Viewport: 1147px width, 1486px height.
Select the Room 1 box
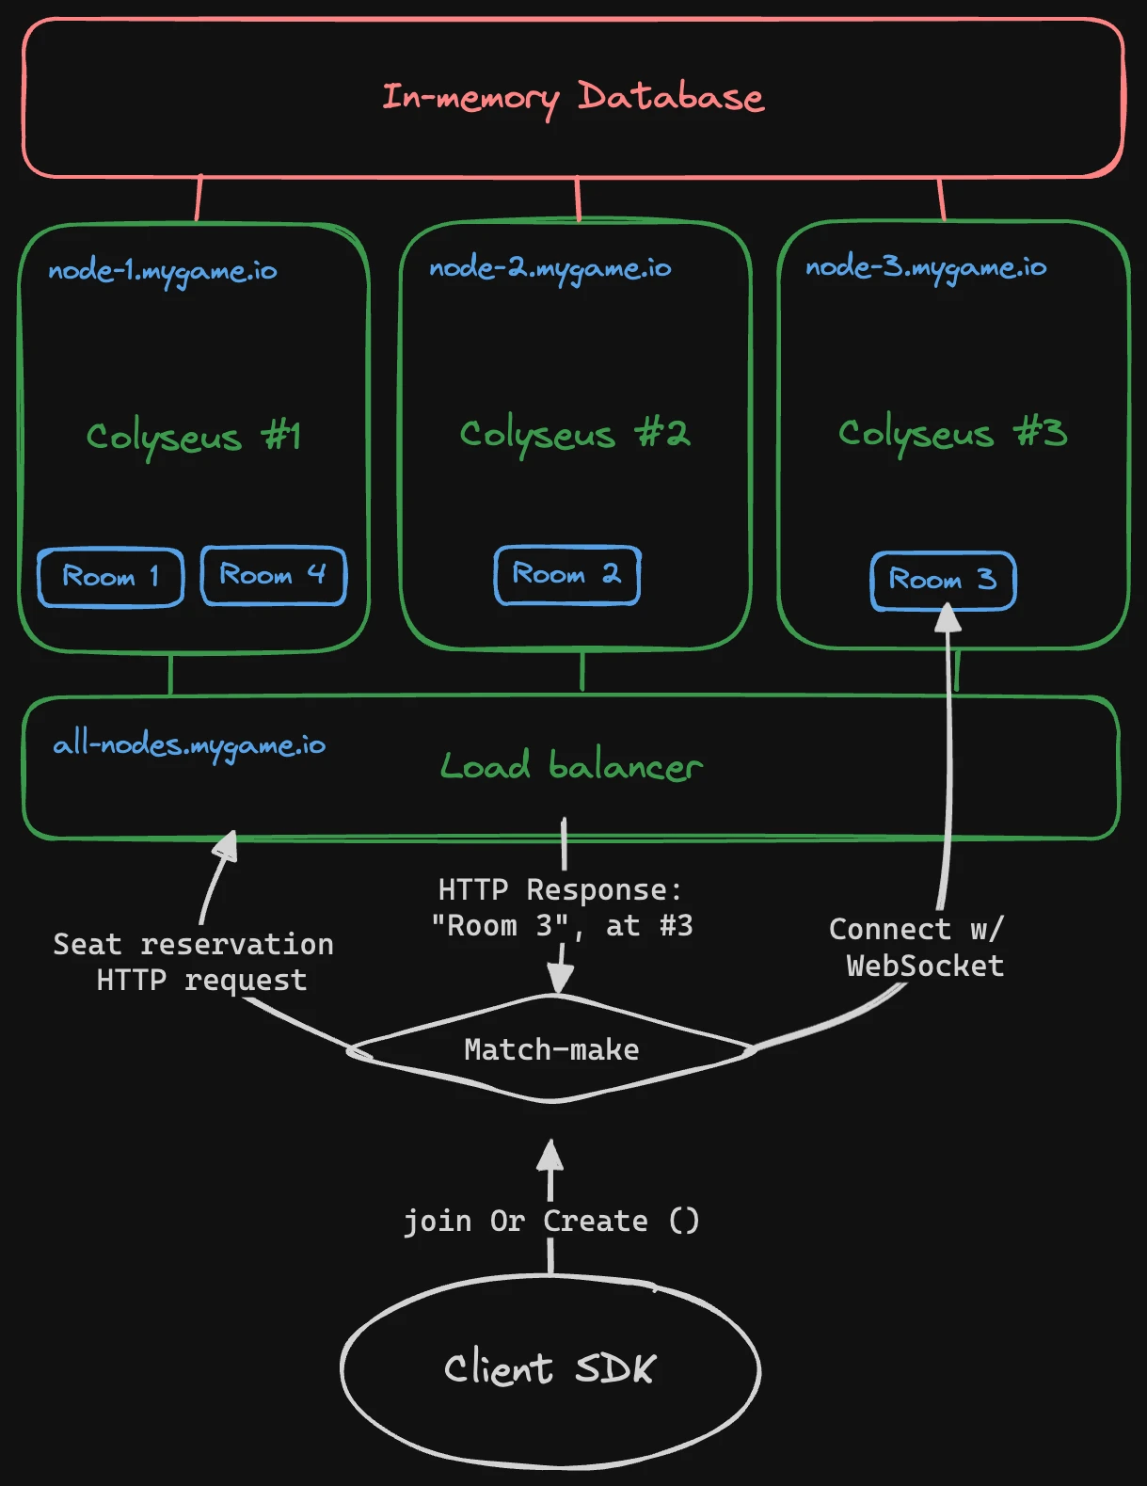tap(111, 576)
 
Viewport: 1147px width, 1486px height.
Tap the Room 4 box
tap(274, 575)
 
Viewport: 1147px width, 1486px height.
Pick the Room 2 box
tap(567, 574)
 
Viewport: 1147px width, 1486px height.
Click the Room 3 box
tap(944, 580)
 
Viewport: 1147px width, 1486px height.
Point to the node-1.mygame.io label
tap(163, 272)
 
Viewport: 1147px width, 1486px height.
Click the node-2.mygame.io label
tap(550, 269)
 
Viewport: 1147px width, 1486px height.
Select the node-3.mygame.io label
tap(926, 268)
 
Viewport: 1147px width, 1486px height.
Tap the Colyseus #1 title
tap(193, 437)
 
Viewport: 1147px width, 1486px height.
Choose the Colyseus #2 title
tap(574, 434)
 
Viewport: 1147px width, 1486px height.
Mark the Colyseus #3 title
tap(952, 433)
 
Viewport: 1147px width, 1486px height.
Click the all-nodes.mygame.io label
tap(189, 745)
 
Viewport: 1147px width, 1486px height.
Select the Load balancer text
tap(571, 766)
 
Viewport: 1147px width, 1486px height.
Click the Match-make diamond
tap(551, 1049)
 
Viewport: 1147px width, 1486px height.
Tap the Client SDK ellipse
tap(550, 1369)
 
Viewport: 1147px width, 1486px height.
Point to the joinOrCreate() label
tap(551, 1221)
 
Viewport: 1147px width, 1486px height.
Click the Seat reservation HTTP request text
tap(194, 962)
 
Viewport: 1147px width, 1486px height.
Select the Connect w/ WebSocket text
tap(918, 948)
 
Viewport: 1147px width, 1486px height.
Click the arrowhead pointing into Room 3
tap(948, 618)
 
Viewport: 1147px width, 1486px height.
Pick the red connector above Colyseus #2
tap(578, 199)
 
